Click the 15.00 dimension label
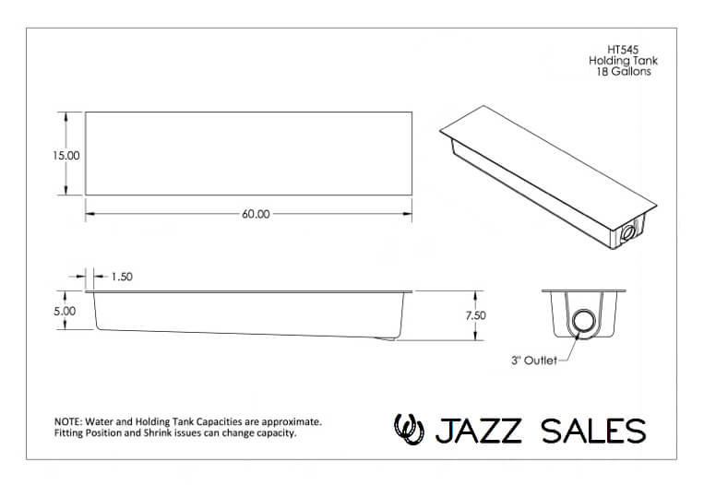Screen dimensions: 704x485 pos(66,156)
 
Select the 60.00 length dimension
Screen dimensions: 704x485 pos(256,214)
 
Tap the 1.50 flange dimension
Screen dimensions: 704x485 pos(122,277)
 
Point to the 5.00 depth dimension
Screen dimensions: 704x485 pos(65,311)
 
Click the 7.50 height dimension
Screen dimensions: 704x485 pos(475,315)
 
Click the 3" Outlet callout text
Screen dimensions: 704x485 pos(534,361)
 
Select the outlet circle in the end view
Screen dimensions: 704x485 pos(585,322)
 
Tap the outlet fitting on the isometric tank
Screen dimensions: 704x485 pos(628,233)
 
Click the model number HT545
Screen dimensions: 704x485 pos(623,50)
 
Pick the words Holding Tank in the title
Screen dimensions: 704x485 pos(623,61)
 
